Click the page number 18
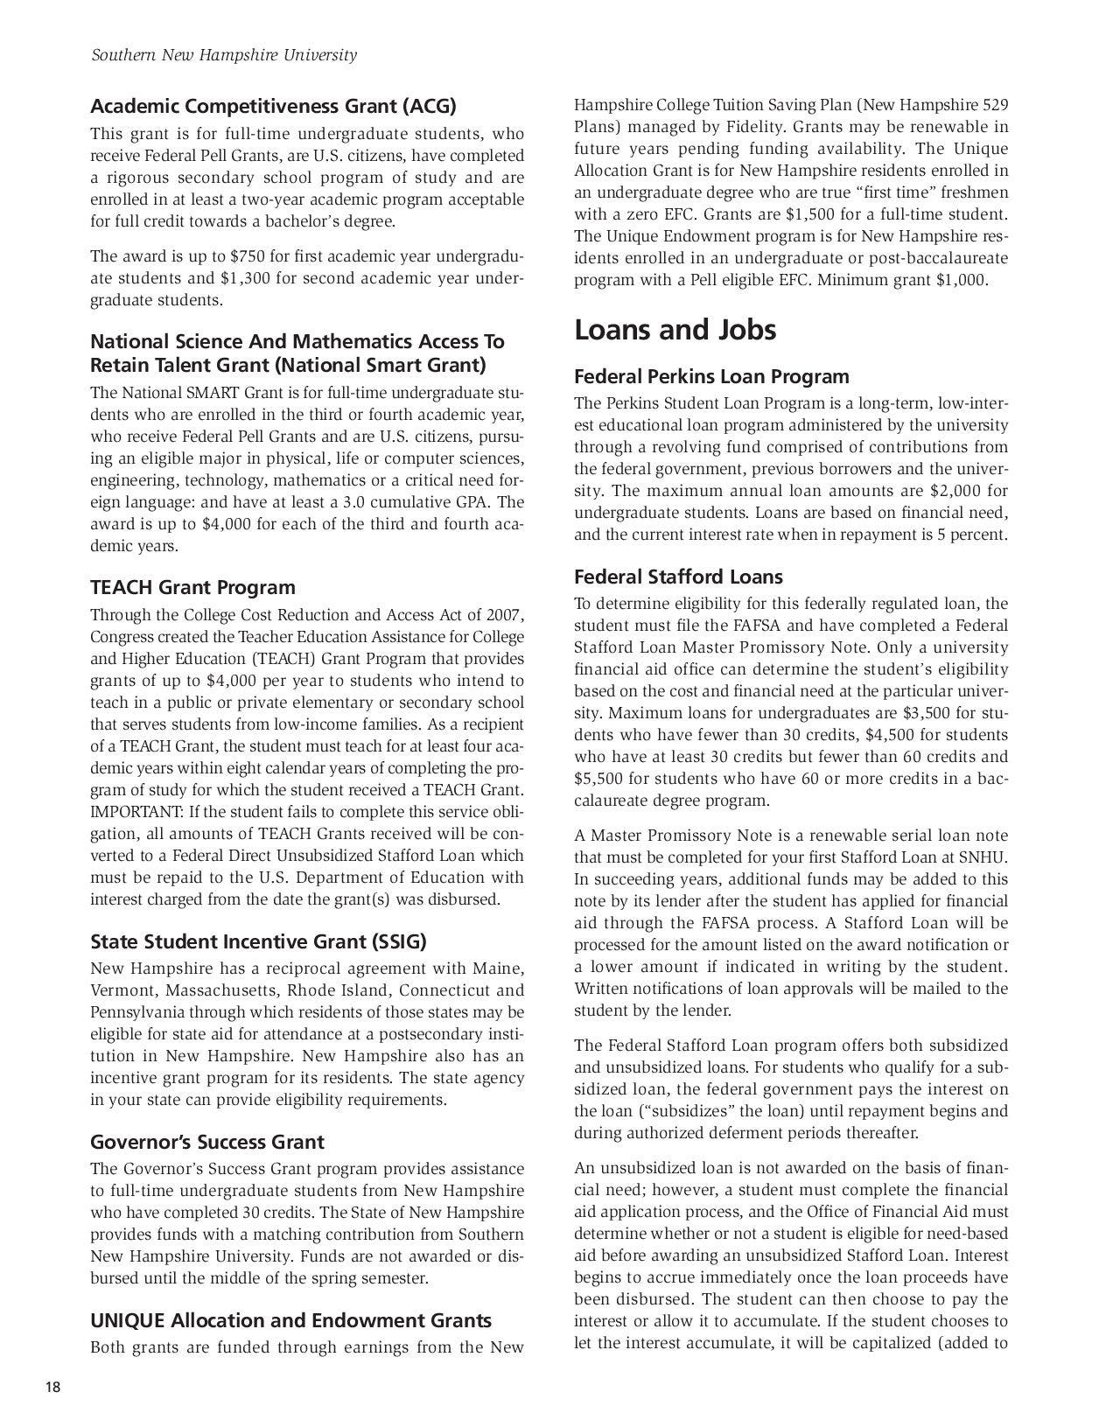(x=53, y=1387)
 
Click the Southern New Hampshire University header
(x=224, y=55)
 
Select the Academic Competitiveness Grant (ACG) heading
(x=273, y=107)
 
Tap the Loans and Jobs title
(x=675, y=330)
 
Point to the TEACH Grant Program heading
(x=192, y=587)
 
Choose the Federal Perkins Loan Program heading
(x=711, y=376)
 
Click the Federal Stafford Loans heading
(x=678, y=577)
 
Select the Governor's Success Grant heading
(x=206, y=1142)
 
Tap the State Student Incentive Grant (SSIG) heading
(x=258, y=941)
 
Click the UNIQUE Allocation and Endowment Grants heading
(x=290, y=1320)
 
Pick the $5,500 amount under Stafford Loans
(x=596, y=779)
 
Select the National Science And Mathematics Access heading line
(x=297, y=341)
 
